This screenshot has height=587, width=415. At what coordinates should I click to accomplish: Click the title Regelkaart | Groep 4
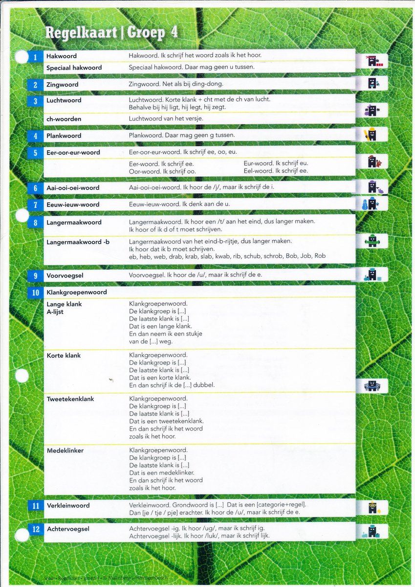point(111,32)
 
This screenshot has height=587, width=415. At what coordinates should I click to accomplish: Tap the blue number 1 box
point(35,57)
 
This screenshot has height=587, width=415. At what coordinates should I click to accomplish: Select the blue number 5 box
point(35,153)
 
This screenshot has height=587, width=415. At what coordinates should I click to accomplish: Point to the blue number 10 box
point(35,293)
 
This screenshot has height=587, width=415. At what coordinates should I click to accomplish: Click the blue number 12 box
point(35,529)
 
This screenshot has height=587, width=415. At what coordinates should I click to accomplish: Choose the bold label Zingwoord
point(62,85)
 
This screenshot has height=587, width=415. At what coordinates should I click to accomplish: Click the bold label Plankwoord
point(64,135)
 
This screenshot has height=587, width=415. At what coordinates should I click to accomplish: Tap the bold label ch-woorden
point(64,119)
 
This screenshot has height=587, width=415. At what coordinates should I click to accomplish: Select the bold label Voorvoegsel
point(65,275)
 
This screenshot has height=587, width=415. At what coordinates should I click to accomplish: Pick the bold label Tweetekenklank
point(70,399)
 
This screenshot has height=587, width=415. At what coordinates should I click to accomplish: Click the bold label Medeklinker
point(65,451)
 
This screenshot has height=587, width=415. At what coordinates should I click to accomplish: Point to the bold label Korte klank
point(64,356)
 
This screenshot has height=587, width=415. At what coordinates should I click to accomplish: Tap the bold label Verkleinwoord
point(68,505)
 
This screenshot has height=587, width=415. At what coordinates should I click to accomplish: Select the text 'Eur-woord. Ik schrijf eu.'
point(276,163)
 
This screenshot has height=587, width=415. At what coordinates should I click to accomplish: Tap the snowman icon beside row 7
point(365,204)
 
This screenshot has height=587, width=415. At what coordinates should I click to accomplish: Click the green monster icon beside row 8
point(372,241)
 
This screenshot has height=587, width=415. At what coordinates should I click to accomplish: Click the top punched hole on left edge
point(22,57)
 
